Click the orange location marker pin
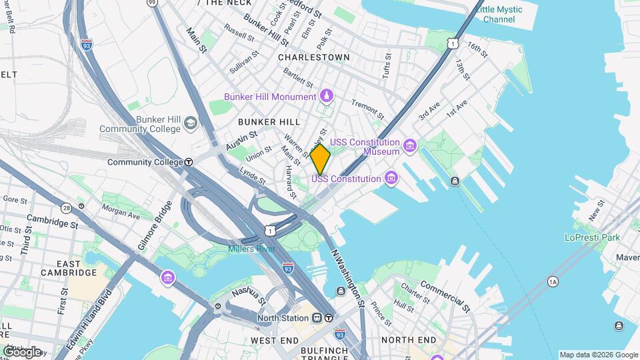320,159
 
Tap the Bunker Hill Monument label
270,97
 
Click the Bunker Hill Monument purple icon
327,97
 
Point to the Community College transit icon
189,162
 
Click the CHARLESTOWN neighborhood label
313,57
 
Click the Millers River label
252,249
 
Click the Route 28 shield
66,208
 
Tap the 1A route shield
553,281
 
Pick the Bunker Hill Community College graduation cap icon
191,123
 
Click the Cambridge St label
52,222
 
